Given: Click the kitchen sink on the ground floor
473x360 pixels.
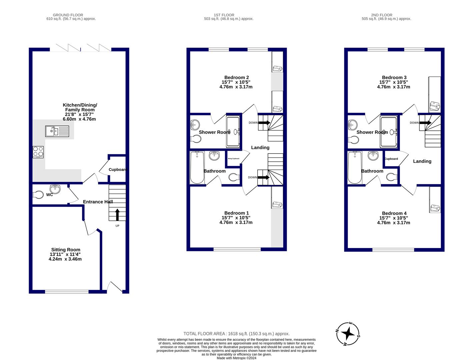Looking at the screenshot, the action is pos(57,131).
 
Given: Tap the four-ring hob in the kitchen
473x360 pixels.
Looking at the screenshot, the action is pos(38,152).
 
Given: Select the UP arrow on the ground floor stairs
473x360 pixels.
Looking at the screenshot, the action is pos(117,215).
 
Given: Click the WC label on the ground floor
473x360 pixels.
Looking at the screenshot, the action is pos(49,195).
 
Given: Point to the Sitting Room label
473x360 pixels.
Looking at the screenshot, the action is pos(66,250).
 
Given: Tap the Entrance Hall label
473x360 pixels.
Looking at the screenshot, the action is pos(98,202).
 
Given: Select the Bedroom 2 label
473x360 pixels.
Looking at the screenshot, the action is pos(236,77).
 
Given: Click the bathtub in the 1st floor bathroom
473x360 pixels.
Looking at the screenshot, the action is pos(197,167).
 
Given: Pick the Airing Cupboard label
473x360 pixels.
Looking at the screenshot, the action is pos(233,159).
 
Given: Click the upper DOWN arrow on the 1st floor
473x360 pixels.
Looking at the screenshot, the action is pos(264,123).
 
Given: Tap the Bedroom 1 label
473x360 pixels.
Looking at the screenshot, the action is pos(236,213).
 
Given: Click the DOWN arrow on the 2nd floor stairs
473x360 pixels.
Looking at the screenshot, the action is pos(425,123).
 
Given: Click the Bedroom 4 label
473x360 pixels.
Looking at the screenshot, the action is pos(394,213).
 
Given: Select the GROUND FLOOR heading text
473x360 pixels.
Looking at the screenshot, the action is pos(68,15).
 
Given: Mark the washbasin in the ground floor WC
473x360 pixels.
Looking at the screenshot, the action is pos(55,189).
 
